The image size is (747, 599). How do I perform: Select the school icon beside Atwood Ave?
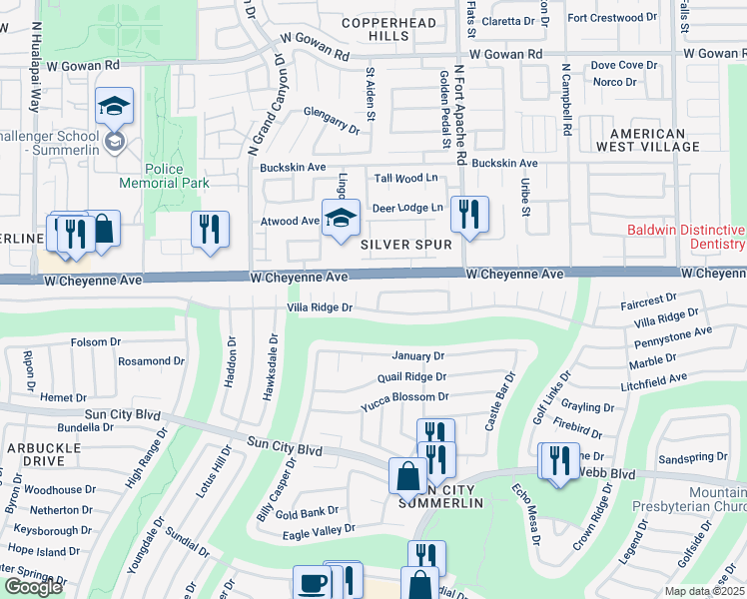pos(340,218)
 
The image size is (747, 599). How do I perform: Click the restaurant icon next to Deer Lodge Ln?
pos(468,214)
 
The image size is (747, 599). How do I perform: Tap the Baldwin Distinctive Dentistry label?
pos(686,237)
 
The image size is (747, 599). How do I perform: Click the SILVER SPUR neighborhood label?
pos(406,244)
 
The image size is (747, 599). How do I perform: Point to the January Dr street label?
pos(417,355)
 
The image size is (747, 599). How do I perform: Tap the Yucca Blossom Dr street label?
pos(404,396)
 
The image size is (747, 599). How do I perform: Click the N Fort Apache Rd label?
pos(459,115)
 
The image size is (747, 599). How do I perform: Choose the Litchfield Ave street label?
pos(652,378)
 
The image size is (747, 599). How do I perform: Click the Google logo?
pos(32,588)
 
